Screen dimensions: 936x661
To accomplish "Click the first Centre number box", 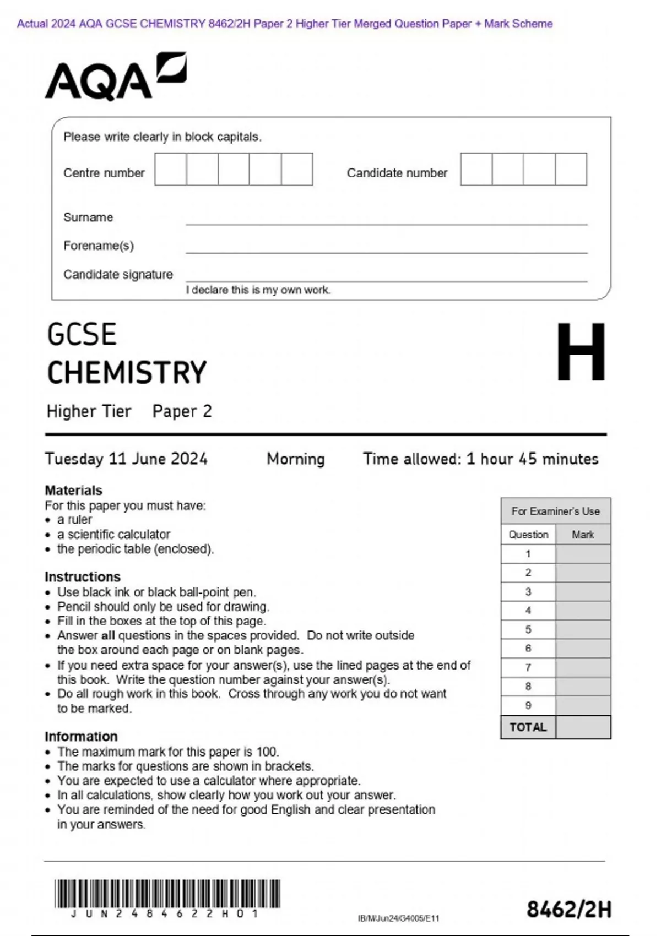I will pos(170,170).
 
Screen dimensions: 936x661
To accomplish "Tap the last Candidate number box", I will pos(571,170).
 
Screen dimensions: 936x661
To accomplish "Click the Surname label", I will pos(88,217).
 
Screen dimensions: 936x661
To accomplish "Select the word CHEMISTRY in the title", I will pos(127,373).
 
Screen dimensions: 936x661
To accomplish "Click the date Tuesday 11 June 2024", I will pos(126,459).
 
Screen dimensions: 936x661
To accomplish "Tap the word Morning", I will pos(296,459).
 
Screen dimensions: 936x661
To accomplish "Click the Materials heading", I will pos(73,490).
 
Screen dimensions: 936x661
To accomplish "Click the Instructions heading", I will pos(83,576).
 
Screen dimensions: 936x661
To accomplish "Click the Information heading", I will pos(81,736).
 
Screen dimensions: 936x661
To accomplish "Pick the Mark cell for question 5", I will pos(583,629).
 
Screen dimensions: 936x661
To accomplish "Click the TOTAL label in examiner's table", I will pos(528,727).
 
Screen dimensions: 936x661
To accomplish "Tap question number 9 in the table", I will pos(528,705).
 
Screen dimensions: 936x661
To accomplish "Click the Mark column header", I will pos(583,535).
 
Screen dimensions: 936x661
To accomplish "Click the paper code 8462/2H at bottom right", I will pos(568,910).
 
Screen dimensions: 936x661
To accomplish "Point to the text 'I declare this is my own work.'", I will pos(258,290).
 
